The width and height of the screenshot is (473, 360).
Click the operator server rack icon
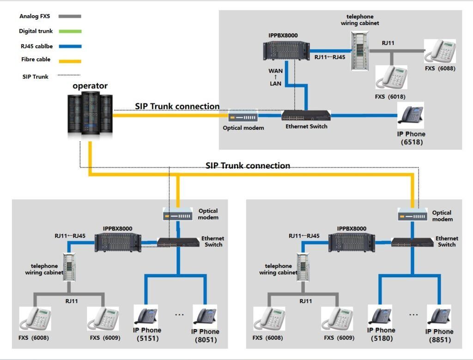click(x=90, y=115)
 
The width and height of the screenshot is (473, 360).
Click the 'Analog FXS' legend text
click(x=35, y=16)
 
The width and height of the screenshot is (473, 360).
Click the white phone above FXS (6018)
click(x=391, y=77)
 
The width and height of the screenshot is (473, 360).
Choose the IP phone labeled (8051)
click(x=205, y=316)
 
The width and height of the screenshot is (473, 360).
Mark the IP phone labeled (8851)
click(x=439, y=316)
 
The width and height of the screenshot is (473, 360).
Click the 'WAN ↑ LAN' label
click(x=275, y=77)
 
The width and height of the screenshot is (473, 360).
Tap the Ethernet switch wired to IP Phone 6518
click(x=306, y=115)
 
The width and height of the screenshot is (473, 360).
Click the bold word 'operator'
click(x=90, y=85)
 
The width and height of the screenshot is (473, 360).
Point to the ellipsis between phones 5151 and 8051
click(x=179, y=315)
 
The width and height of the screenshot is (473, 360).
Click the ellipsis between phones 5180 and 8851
click(x=413, y=315)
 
